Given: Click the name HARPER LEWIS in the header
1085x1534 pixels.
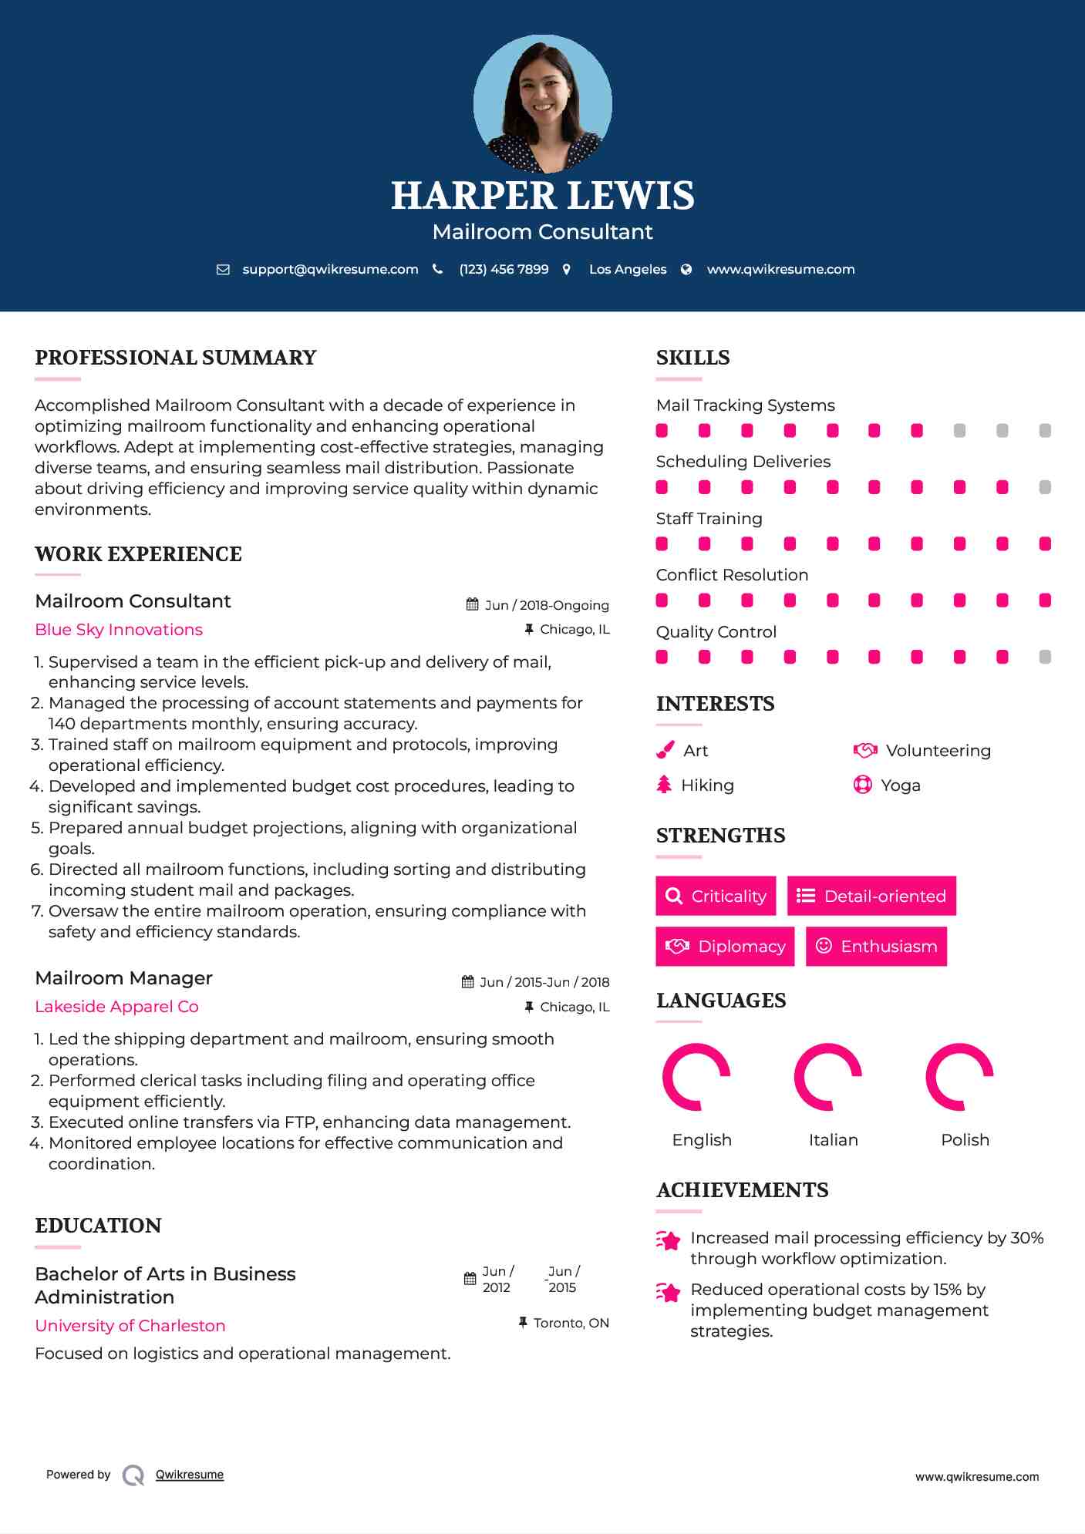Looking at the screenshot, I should coord(542,196).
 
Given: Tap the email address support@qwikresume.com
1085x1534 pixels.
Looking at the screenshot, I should coord(330,269).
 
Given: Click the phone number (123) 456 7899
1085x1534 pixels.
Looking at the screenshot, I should coord(504,269).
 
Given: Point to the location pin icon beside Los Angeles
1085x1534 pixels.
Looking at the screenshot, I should coord(567,269).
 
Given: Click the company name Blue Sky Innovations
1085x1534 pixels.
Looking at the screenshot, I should coord(119,630).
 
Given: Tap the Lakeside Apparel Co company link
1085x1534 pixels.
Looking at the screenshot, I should coord(116,1007).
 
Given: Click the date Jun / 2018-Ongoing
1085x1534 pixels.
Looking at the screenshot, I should coord(546,605).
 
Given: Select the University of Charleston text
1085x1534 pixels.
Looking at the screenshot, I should coord(130,1326).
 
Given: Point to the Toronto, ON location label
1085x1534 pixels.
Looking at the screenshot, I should coord(571,1323).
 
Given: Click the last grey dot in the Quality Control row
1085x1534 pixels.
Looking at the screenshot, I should coord(1045,657).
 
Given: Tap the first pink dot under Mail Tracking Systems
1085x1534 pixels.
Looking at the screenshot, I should coord(662,430).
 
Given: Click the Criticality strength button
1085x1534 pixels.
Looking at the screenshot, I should coord(716,896).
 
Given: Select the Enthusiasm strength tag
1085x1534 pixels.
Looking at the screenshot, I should coord(876,946).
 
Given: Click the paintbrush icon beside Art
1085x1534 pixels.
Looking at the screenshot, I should coord(665,750).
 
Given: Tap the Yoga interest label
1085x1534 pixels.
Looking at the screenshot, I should coord(900,785).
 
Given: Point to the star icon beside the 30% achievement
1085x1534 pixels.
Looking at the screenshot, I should coord(668,1240).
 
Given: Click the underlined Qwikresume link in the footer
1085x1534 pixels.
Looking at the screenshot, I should coord(190,1475).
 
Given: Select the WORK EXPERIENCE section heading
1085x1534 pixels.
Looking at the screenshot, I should coord(138,554).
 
